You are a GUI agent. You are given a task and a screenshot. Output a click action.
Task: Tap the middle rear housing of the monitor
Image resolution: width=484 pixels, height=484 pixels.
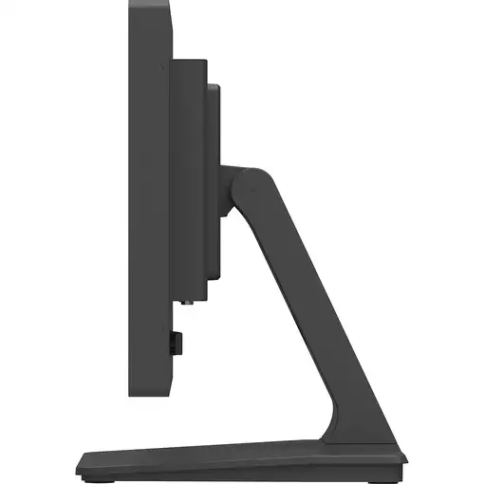pyautogui.click(x=190, y=180)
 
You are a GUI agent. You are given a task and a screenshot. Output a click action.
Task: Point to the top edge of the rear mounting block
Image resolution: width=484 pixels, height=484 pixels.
pyautogui.click(x=214, y=86)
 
